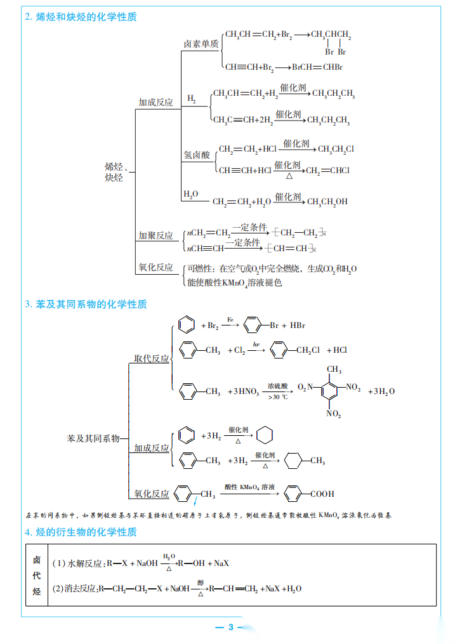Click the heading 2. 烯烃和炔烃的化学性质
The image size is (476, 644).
pyautogui.click(x=81, y=17)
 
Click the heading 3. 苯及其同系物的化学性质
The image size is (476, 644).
pyautogui.click(x=86, y=304)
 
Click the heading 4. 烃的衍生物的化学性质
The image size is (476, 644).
pyautogui.click(x=81, y=532)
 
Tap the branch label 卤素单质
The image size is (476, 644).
pyautogui.click(x=201, y=44)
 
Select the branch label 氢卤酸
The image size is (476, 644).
pyautogui.click(x=197, y=154)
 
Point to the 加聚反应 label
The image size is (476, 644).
pyautogui.click(x=155, y=235)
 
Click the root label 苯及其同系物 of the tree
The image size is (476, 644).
pyautogui.click(x=93, y=438)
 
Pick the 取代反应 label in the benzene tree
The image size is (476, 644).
pyautogui.click(x=151, y=358)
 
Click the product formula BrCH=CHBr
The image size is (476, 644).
pyautogui.click(x=317, y=67)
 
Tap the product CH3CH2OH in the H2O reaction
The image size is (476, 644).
pyautogui.click(x=327, y=202)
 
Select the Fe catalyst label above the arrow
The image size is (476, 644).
pyautogui.click(x=230, y=319)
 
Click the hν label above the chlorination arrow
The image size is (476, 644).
pyautogui.click(x=256, y=344)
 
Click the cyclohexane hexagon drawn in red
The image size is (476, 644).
pyautogui.click(x=266, y=436)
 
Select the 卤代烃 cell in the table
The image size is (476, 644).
pyautogui.click(x=36, y=575)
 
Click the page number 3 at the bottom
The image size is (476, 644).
pyautogui.click(x=231, y=628)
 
